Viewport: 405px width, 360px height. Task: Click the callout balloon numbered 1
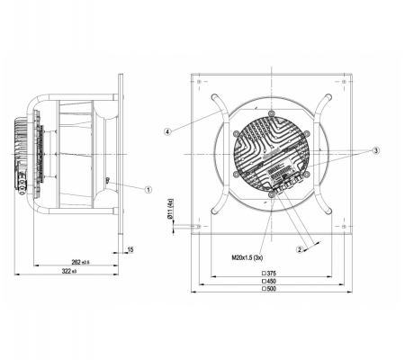coord(148,190)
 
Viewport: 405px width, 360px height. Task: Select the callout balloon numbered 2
coord(300,249)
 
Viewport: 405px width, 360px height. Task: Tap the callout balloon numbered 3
coord(376,150)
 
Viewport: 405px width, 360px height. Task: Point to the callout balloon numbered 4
coord(168,131)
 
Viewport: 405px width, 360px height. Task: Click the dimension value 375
coord(271,273)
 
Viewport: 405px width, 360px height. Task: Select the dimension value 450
coord(271,281)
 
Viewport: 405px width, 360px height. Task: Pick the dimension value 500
coord(271,289)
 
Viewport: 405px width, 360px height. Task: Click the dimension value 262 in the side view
coord(76,262)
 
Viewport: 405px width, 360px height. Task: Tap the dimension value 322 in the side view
coord(67,271)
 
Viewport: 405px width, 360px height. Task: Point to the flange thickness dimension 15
coord(130,249)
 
